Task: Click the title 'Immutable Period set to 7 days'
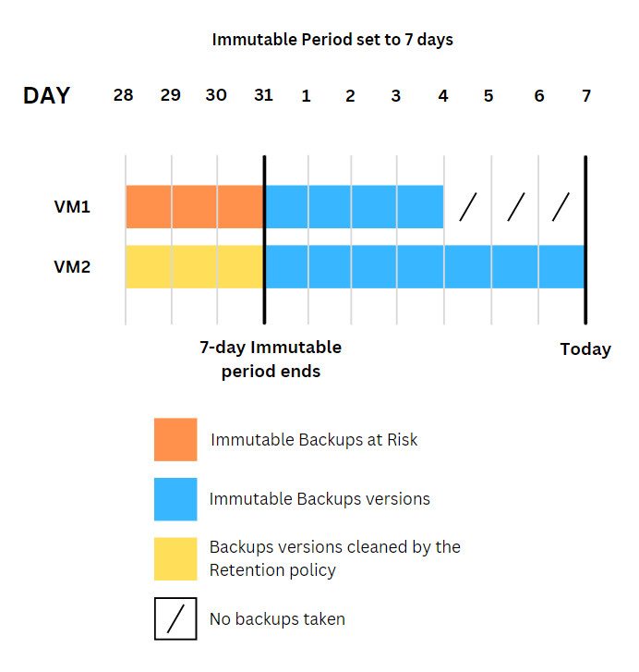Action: click(x=332, y=40)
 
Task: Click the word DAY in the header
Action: click(x=46, y=95)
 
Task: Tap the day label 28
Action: click(x=123, y=95)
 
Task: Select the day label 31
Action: click(x=263, y=95)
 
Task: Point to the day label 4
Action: click(x=443, y=95)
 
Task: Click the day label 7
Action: click(x=586, y=95)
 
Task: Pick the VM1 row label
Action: click(x=72, y=207)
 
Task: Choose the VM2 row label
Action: click(x=72, y=267)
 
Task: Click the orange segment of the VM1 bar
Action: click(x=195, y=206)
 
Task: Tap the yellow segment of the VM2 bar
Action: click(x=195, y=266)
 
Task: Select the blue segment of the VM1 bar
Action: click(x=355, y=206)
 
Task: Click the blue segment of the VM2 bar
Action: click(x=425, y=266)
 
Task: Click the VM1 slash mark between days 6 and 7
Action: click(x=561, y=207)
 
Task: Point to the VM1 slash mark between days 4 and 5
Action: click(x=468, y=207)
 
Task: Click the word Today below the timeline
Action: click(x=585, y=349)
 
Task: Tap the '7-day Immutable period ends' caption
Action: click(x=271, y=360)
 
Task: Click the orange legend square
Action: click(x=175, y=439)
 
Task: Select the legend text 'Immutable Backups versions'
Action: click(x=319, y=499)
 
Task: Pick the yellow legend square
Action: click(x=175, y=559)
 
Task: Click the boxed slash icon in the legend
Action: click(x=175, y=618)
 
